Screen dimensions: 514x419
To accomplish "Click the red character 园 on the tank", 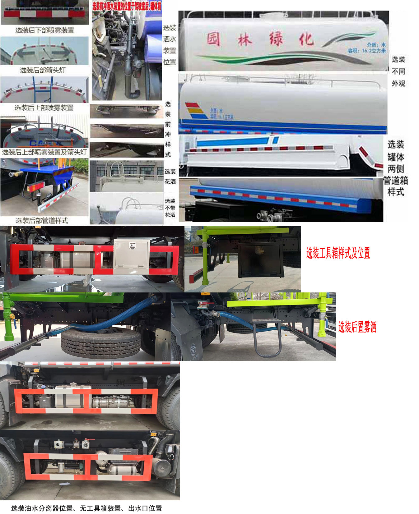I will tap(214, 39).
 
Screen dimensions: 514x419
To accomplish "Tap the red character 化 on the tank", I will tap(306, 39).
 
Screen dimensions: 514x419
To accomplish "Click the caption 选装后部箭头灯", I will tap(43, 70).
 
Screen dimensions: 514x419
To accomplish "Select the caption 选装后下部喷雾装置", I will tap(45, 30).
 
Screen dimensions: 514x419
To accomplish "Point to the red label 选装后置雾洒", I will tap(357, 327).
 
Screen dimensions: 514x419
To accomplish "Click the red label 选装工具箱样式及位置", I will tap(338, 253).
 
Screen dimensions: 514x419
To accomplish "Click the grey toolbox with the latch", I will tap(131, 254).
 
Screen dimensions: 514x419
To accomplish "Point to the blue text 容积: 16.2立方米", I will tap(367, 51).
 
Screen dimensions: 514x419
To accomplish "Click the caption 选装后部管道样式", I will tap(42, 221).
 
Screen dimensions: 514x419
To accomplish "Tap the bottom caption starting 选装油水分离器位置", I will tap(86, 508).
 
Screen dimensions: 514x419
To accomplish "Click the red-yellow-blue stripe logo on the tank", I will tap(195, 111).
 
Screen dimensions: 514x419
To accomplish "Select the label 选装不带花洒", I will tap(170, 208).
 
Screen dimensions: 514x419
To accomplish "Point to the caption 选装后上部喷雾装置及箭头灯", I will tap(44, 152).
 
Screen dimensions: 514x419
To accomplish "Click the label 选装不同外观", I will tap(398, 71).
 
